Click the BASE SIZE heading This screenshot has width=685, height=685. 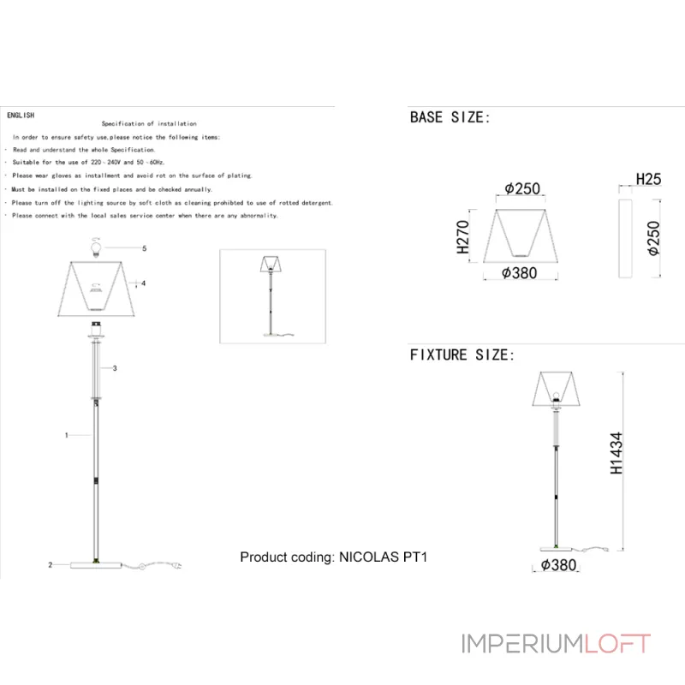tap(450, 117)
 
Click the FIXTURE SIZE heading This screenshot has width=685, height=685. tap(462, 354)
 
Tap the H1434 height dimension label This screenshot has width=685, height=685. tap(616, 453)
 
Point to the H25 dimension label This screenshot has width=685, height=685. tap(648, 179)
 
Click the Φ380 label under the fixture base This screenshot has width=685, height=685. tap(558, 565)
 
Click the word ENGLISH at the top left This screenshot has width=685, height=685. tap(20, 114)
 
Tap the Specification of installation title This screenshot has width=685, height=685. tap(149, 124)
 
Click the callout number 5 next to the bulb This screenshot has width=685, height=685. tap(145, 248)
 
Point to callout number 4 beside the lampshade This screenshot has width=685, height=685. tap(144, 283)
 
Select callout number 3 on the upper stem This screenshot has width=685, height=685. tap(115, 368)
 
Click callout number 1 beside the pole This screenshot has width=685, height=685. tap(66, 435)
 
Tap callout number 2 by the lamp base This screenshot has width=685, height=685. tap(51, 565)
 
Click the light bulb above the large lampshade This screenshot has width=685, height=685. tap(97, 249)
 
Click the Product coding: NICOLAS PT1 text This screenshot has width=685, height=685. tap(333, 557)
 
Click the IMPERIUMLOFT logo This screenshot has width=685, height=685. tap(556, 643)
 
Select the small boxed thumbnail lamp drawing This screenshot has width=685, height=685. tap(273, 295)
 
